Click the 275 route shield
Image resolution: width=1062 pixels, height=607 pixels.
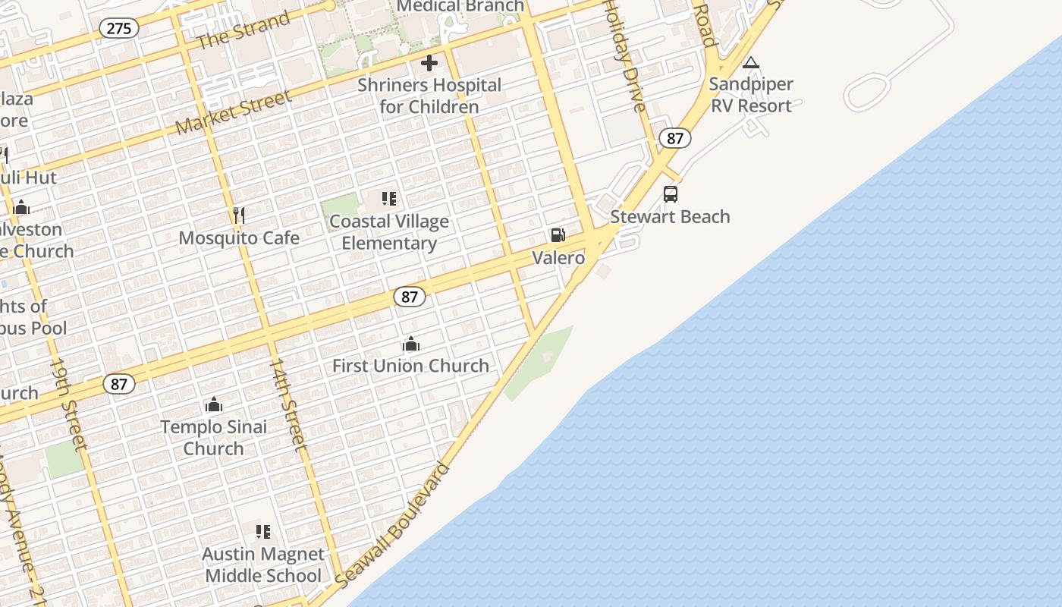(119, 29)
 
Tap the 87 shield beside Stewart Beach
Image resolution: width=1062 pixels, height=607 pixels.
(675, 138)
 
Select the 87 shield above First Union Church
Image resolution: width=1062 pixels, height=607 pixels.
(410, 297)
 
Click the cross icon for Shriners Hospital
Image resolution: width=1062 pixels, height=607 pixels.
(429, 63)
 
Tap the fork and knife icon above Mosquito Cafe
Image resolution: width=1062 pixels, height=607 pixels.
(239, 215)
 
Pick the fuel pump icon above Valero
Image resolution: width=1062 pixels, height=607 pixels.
(558, 236)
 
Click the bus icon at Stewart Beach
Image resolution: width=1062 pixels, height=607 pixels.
(671, 194)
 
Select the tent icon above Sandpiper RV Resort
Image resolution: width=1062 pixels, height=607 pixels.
(751, 62)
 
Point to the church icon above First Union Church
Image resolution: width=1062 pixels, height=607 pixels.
(411, 344)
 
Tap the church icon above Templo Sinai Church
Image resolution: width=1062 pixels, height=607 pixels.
(214, 404)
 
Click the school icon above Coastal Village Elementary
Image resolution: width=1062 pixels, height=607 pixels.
(389, 200)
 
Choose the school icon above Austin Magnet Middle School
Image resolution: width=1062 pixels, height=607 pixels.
(263, 532)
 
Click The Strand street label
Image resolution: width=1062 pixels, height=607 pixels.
(243, 31)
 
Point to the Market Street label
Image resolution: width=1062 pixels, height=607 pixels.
(234, 112)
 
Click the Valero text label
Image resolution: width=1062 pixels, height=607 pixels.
(558, 258)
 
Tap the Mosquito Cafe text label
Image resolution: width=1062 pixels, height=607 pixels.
(239, 237)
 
